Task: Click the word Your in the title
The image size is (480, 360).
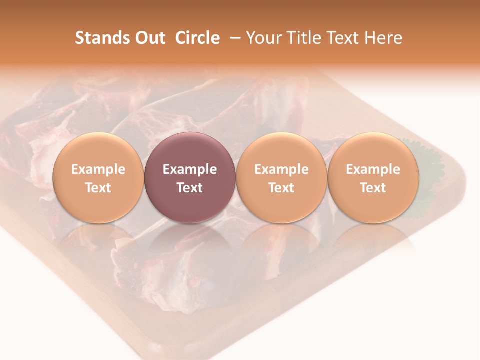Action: (263, 38)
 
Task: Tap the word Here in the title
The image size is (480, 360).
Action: (383, 38)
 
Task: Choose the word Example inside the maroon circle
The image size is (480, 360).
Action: (190, 169)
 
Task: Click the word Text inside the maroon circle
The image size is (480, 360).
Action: (190, 188)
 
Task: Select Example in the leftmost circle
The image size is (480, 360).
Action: (98, 169)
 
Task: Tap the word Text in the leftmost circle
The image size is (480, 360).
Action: (98, 188)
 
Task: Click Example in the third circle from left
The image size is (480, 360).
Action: (281, 169)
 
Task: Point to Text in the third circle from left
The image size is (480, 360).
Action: (281, 188)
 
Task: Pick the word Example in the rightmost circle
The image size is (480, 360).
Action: (373, 169)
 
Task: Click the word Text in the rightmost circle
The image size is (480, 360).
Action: (373, 188)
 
